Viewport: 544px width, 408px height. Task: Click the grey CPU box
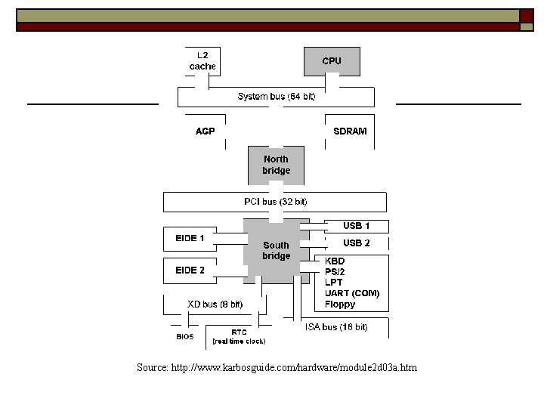332,61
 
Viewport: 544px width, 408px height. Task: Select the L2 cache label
202,61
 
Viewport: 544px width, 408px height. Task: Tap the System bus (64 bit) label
277,97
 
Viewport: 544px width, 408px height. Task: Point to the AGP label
206,131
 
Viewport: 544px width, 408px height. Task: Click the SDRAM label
350,131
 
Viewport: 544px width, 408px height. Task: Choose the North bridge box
276,165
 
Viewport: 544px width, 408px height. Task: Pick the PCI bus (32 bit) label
276,202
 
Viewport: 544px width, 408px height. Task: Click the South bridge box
276,251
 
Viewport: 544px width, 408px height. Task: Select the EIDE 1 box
190,239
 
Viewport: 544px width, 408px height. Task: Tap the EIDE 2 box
190,270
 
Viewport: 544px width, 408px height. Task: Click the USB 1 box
357,226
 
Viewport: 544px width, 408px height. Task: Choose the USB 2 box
357,243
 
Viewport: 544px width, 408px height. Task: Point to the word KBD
335,261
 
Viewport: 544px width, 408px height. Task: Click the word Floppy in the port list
340,304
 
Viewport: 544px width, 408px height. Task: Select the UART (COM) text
352,293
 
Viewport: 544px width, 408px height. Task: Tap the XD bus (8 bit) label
215,304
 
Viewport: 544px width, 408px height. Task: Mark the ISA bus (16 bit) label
336,327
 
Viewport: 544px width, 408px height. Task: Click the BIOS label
185,336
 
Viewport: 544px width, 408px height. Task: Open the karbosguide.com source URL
277,368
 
